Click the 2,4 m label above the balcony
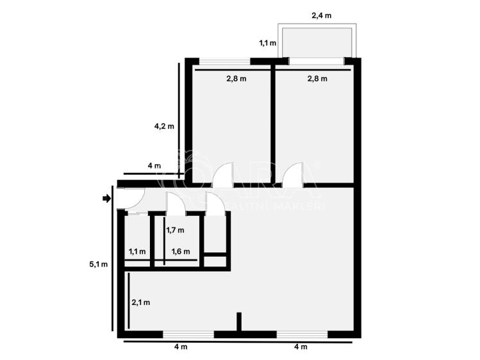click(x=321, y=14)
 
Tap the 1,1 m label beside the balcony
click(x=267, y=44)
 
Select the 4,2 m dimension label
click(x=164, y=126)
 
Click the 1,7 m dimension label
click(x=175, y=230)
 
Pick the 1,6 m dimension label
click(x=181, y=252)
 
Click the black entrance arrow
click(x=106, y=199)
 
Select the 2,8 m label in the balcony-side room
click(x=317, y=79)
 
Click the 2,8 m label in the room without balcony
click(x=236, y=79)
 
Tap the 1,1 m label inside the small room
click(x=137, y=252)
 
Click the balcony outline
click(x=317, y=42)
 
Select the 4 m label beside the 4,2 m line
click(x=154, y=166)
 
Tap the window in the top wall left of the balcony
click(x=224, y=61)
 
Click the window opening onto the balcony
click(x=316, y=61)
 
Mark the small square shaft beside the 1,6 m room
click(x=215, y=261)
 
